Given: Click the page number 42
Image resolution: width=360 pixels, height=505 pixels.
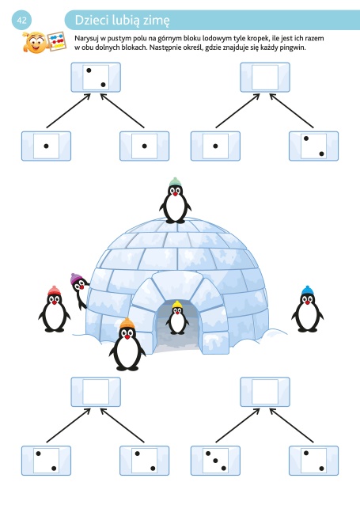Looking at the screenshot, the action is (x=21, y=20).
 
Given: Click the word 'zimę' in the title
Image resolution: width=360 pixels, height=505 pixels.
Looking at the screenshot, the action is (x=156, y=21).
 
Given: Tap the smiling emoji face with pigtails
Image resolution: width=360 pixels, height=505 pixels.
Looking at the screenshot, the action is (x=35, y=42).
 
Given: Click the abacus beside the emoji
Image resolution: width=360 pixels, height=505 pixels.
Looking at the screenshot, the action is (x=57, y=41).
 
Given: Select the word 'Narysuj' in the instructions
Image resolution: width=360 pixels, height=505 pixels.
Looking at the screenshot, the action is (x=86, y=39).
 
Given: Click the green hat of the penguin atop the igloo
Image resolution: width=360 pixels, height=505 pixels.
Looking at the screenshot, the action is (x=175, y=182).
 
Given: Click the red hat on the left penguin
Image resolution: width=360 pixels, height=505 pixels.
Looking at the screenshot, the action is (x=54, y=290).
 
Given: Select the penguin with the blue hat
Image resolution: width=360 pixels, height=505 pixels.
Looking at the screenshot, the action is (x=307, y=309).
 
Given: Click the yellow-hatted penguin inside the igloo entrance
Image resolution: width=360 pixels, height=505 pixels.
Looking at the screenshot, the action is (x=177, y=317).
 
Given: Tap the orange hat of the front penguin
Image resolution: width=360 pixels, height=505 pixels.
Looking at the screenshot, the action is (x=127, y=324).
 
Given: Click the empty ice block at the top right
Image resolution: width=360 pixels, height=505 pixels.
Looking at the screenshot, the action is (x=265, y=78).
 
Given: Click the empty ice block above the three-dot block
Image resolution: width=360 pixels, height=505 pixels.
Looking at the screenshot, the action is (x=265, y=392).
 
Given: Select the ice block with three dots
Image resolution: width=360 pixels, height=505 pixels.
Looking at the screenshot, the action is (x=215, y=461).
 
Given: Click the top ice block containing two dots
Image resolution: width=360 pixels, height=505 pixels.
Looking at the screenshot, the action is (x=96, y=78).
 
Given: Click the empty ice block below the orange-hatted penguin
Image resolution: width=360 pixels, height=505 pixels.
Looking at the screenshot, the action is (x=96, y=392).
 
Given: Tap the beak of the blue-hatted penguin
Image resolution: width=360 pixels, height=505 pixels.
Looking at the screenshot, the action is (x=308, y=302).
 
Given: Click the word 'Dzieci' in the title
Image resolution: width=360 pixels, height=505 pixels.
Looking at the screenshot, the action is (x=92, y=20).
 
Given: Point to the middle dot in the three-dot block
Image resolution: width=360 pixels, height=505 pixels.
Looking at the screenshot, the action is (x=215, y=461).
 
